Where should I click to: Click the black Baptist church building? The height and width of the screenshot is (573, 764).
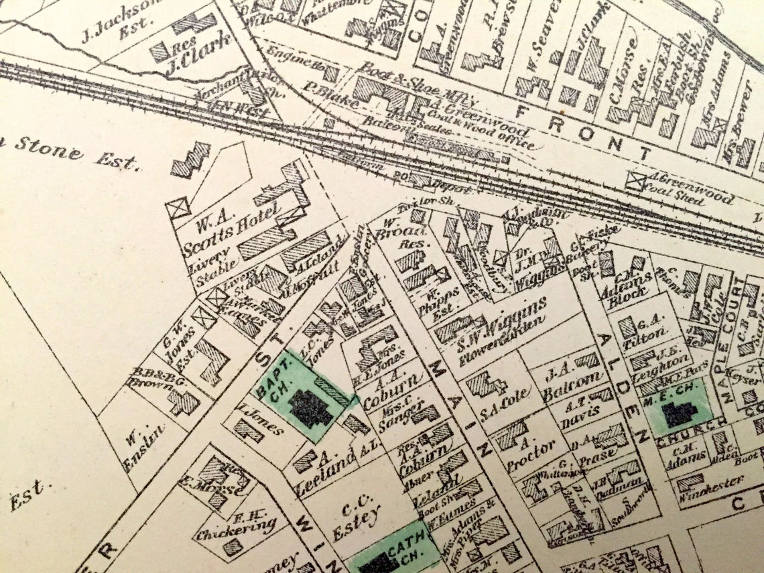pos(310,408)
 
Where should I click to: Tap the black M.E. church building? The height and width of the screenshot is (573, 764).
pos(678,413)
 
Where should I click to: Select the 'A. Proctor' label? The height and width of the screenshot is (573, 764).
pos(519,450)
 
